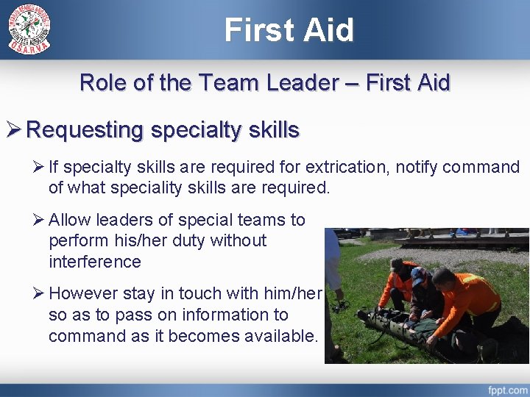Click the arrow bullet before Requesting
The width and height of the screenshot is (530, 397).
point(14,131)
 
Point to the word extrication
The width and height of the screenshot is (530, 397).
point(350,168)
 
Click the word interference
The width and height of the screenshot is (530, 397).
point(94,262)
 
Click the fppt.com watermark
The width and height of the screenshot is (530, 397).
point(507,388)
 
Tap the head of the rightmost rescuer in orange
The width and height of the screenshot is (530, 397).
point(443,279)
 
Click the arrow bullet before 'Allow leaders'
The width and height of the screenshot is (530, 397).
point(39,220)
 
